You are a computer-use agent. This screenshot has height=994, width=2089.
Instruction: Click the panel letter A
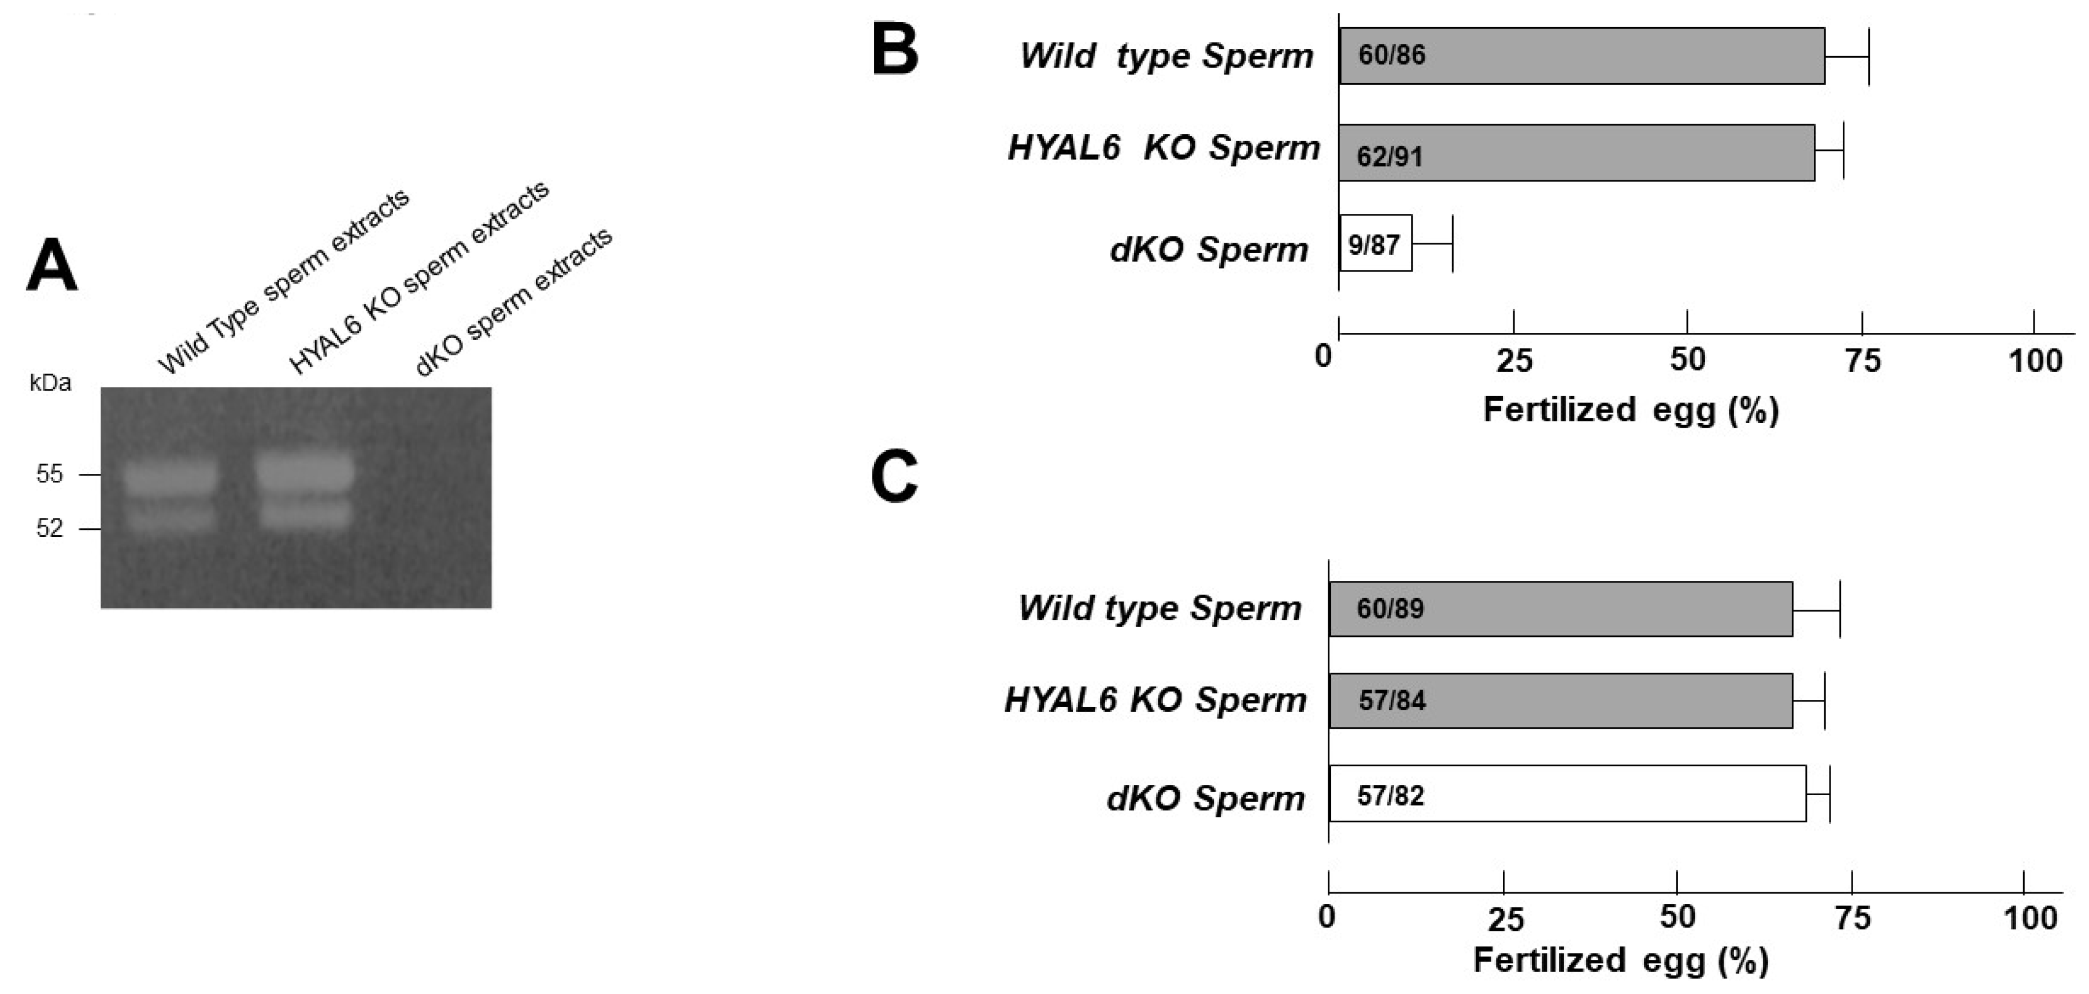(52, 265)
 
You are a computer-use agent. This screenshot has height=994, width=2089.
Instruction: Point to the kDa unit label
(50, 383)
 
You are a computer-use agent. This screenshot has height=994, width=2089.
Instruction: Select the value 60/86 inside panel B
(1391, 55)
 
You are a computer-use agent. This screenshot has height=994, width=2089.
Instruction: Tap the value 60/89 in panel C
(1390, 609)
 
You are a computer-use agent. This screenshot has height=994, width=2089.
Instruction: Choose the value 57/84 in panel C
(1391, 700)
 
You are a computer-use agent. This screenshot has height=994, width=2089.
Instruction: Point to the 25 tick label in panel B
(1514, 361)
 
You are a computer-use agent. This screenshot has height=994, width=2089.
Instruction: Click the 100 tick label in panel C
(2030, 919)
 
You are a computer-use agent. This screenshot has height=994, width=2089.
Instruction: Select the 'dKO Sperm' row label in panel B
(1208, 250)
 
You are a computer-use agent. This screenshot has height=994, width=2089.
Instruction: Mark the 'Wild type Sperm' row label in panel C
(1160, 608)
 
